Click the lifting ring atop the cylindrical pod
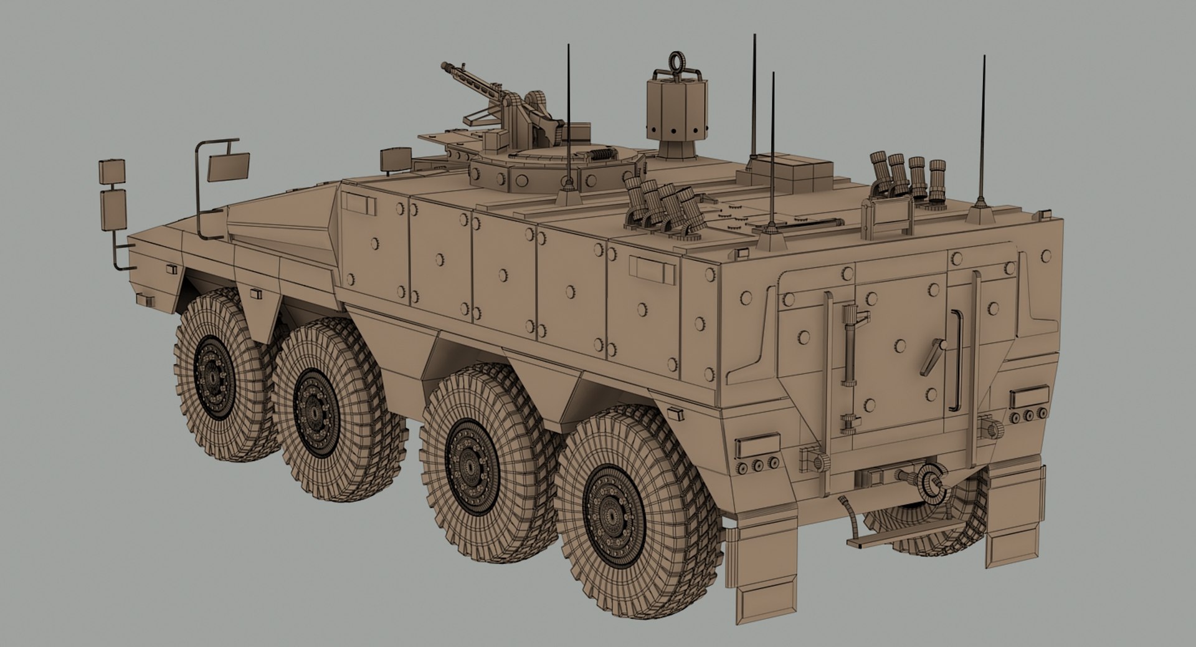[676, 61]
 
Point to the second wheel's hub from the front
[316, 411]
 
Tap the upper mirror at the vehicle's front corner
[112, 171]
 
